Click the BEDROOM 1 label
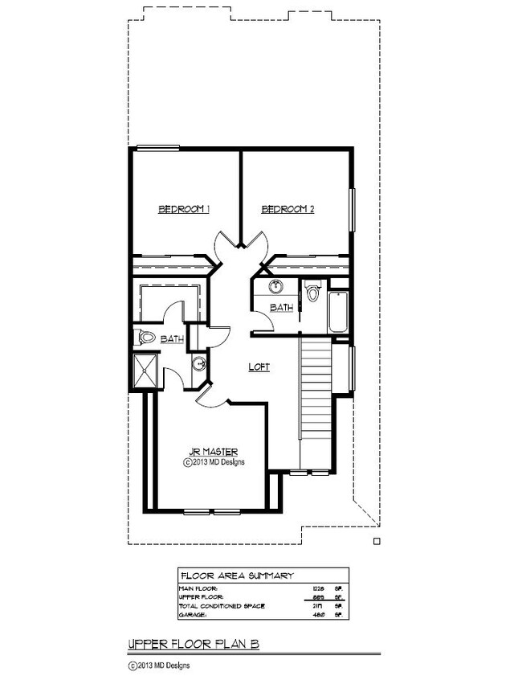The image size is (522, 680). click(184, 209)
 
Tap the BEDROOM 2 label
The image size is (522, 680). click(288, 209)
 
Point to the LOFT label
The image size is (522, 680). click(258, 367)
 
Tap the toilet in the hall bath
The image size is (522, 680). click(312, 292)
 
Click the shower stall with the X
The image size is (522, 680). click(145, 371)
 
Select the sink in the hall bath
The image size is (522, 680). click(275, 287)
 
